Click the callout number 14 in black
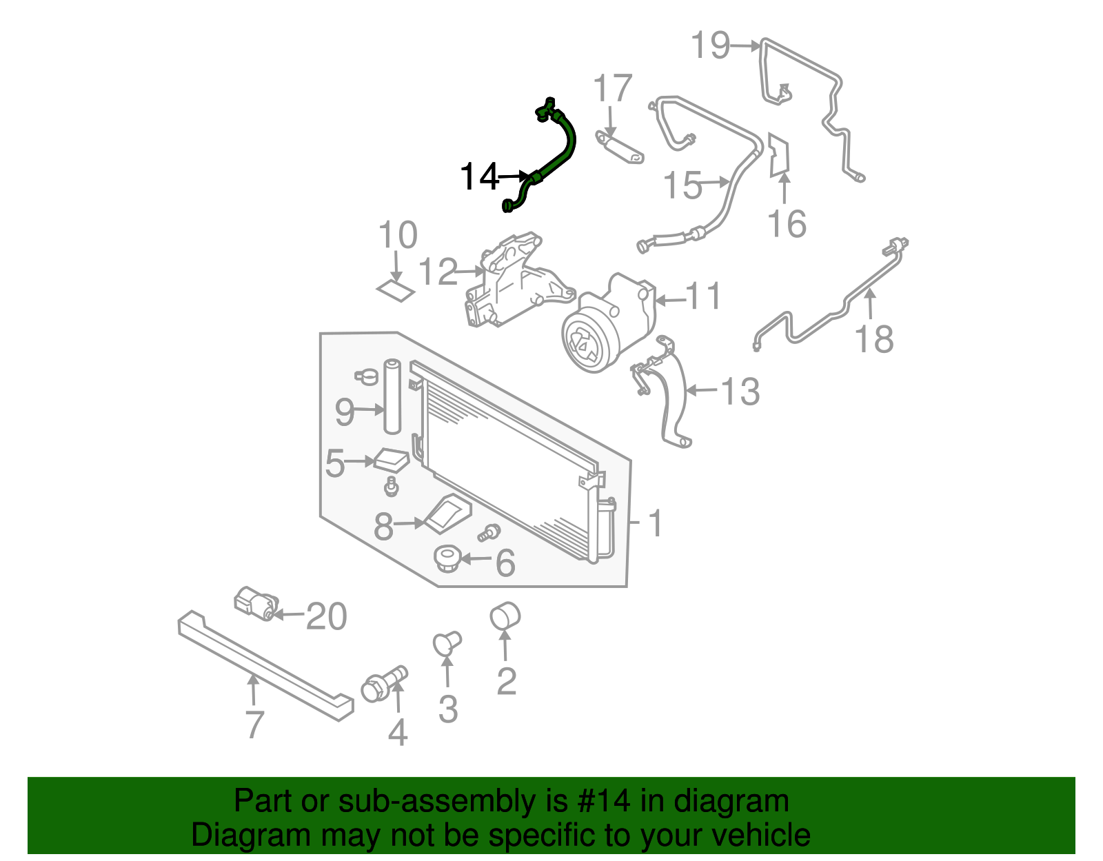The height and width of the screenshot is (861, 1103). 479,177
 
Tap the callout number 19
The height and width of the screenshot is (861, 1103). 710,45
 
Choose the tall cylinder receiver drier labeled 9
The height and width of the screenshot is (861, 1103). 392,396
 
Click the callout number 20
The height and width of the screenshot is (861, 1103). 326,616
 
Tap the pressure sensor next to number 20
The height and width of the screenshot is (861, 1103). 255,603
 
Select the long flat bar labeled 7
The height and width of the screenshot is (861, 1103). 265,665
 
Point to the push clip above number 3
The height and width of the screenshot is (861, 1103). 447,642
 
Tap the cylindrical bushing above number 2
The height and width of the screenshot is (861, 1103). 505,615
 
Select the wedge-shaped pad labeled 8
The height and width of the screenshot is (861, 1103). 448,514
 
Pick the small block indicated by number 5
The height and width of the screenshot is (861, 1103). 391,460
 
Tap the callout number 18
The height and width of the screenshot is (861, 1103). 873,339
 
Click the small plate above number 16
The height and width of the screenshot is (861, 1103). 779,155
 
